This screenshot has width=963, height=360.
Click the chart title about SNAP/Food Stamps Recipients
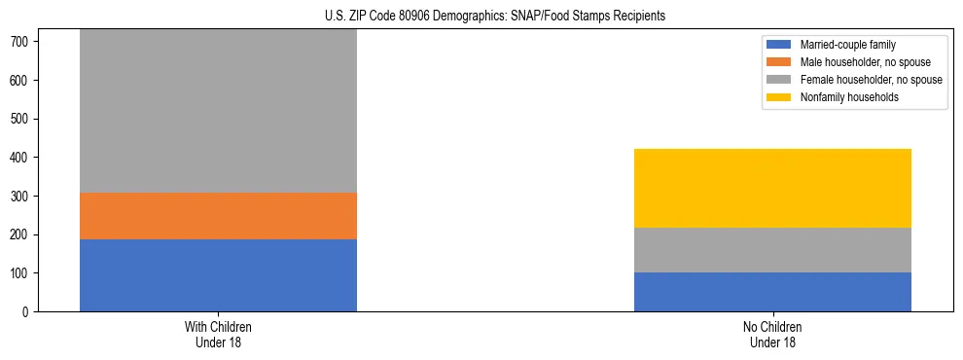click(x=495, y=17)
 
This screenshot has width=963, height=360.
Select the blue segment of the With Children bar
click(x=218, y=275)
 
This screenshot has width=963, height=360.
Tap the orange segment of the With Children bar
click(x=218, y=216)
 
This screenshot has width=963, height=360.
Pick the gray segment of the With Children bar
click(x=218, y=111)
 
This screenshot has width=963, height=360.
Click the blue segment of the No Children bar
click(x=772, y=292)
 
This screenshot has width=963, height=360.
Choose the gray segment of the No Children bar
click(x=772, y=250)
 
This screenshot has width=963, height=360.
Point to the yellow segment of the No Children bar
click(x=772, y=188)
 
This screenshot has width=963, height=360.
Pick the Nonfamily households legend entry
click(x=842, y=97)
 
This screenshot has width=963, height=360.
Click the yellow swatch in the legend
click(x=780, y=97)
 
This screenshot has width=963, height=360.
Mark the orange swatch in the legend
click(x=780, y=62)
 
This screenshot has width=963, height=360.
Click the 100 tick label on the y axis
click(x=22, y=273)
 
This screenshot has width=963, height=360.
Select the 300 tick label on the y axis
click(x=22, y=197)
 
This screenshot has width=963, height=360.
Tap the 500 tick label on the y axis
click(x=22, y=119)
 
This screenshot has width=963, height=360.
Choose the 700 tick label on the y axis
click(x=22, y=42)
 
